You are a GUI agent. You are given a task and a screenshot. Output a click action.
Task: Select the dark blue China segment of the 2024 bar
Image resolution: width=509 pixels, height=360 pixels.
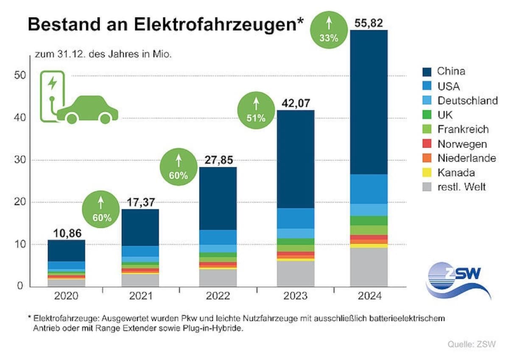(x=369, y=102)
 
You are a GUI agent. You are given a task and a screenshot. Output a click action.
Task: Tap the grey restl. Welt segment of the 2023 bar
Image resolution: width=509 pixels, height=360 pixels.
(x=296, y=273)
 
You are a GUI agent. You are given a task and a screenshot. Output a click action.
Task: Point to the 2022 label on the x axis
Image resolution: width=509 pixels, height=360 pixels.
(x=218, y=296)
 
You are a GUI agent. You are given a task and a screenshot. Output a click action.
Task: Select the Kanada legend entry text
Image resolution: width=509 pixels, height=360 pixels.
(x=456, y=173)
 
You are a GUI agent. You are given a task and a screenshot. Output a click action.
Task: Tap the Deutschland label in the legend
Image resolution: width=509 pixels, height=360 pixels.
(x=467, y=101)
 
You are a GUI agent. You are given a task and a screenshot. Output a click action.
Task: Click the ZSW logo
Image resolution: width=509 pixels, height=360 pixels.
(x=458, y=280)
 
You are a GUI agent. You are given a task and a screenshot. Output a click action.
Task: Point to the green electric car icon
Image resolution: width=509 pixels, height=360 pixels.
(x=87, y=110)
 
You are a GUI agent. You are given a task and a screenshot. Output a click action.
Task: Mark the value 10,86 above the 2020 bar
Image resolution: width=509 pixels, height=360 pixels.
(x=67, y=233)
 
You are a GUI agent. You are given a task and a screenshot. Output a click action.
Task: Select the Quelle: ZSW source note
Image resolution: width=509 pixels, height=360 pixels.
(x=471, y=344)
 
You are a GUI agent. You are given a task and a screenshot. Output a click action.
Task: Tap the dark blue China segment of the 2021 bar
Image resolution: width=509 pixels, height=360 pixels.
(x=140, y=227)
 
